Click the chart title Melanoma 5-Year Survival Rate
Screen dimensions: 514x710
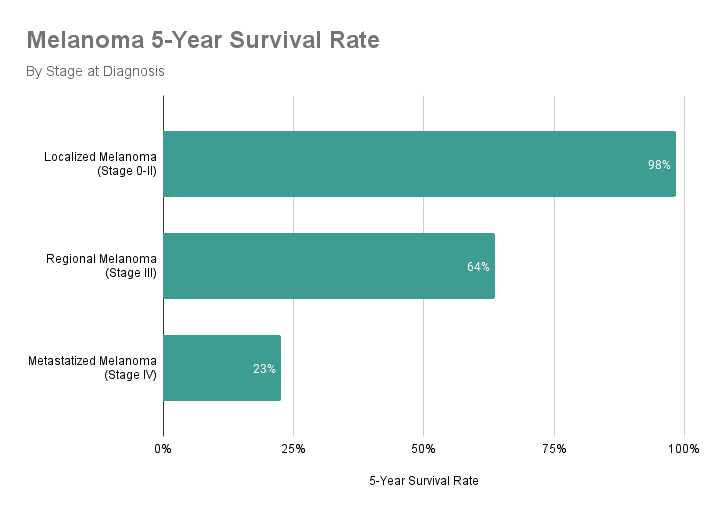[x=202, y=41]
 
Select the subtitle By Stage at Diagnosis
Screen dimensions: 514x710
[x=95, y=72]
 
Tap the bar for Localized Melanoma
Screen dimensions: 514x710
[x=419, y=164]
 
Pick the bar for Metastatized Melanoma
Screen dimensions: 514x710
[x=222, y=368]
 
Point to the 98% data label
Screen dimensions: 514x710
[x=659, y=165]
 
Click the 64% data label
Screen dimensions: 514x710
[x=478, y=267]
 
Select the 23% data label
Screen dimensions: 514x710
[x=264, y=369]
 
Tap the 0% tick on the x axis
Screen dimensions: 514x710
[x=163, y=448]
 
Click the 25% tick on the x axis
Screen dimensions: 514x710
[x=293, y=448]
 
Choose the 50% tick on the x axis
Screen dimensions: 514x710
[x=423, y=448]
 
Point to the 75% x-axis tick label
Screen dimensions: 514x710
[x=554, y=448]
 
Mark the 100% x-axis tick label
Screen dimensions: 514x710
[x=684, y=448]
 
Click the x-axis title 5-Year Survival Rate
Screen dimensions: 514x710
[x=424, y=481]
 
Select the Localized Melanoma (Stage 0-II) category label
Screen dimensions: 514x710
[x=100, y=164]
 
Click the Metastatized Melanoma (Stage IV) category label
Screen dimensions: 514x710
[x=93, y=368]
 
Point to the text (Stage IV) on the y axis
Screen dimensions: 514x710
[x=131, y=375]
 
